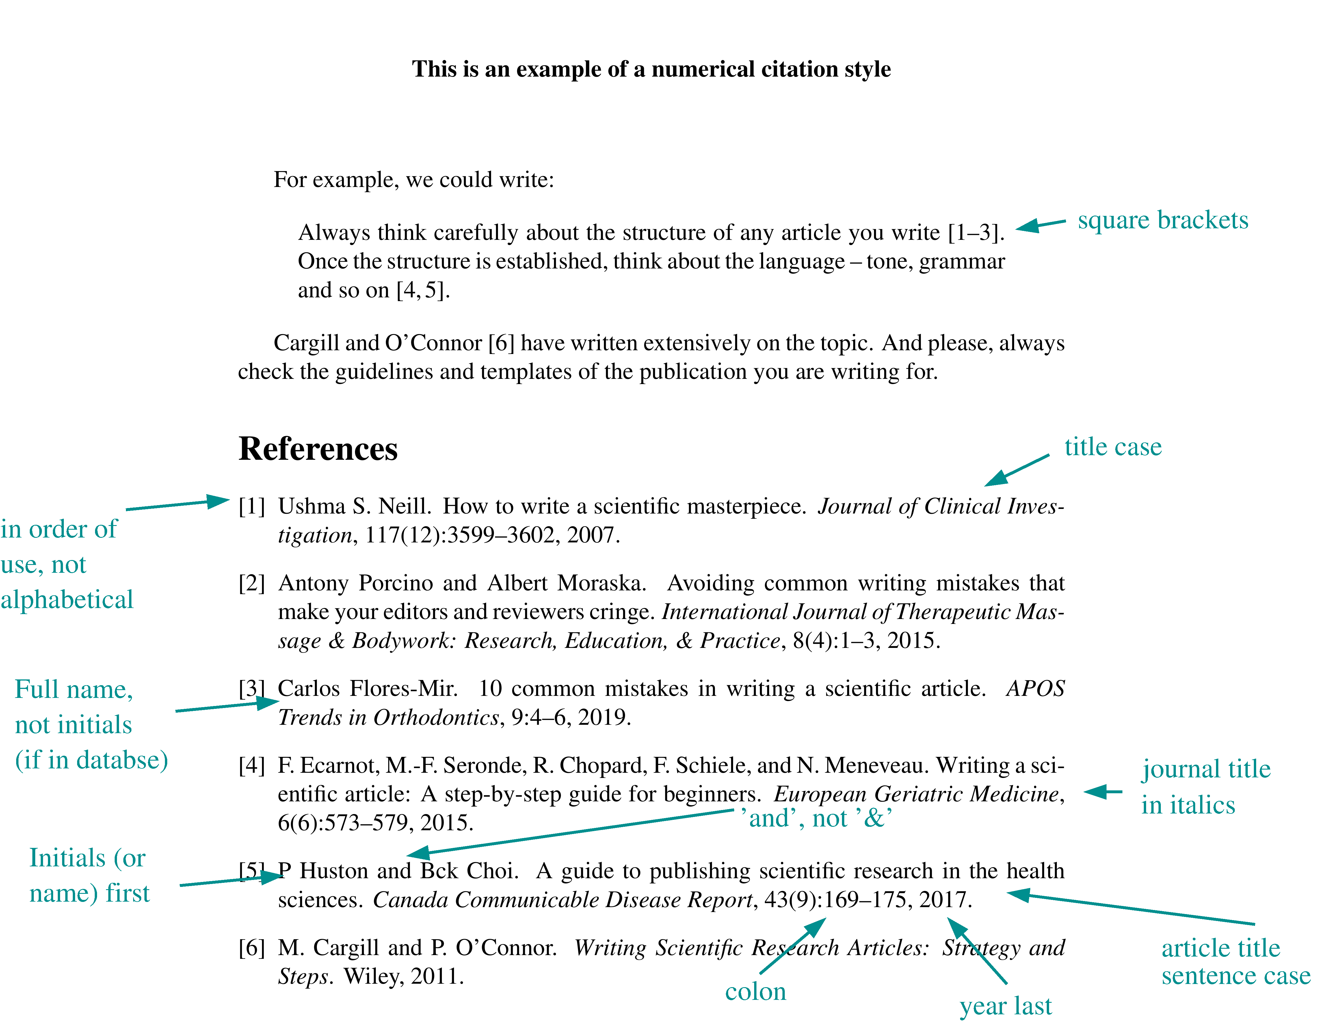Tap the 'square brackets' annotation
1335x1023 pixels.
[1162, 220]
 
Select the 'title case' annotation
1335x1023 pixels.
[1112, 447]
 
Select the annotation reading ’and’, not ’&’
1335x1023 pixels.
[816, 818]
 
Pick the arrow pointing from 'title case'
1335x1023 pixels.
[1016, 470]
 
